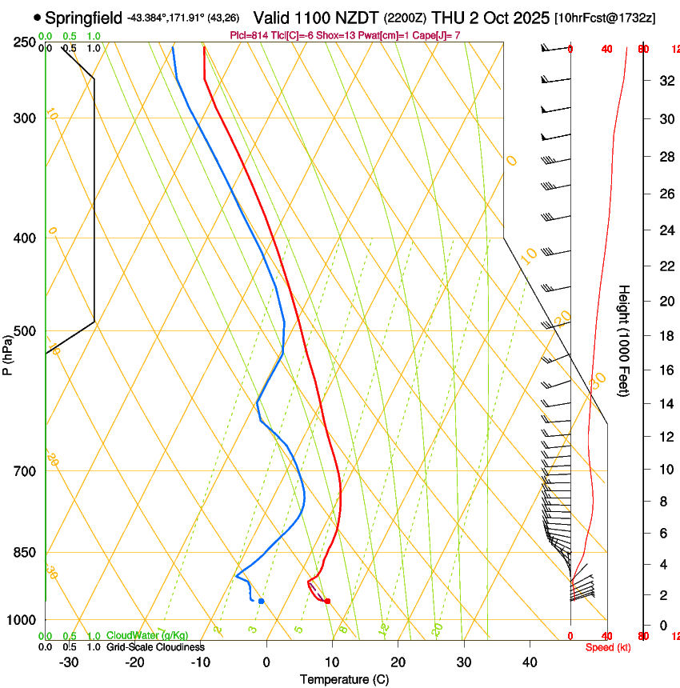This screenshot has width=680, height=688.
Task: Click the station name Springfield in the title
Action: point(84,17)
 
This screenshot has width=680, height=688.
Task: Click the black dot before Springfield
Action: point(38,17)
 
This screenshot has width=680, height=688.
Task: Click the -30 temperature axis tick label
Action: point(69,662)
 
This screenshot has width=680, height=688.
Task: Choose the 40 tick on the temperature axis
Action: point(530,662)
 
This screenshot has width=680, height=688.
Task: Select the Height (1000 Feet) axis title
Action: point(624,340)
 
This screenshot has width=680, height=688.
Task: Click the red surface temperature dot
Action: point(327,601)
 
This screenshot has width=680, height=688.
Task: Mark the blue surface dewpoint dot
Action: point(261,601)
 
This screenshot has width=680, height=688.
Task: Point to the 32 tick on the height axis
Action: point(663,80)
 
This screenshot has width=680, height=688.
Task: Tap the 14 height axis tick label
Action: point(663,404)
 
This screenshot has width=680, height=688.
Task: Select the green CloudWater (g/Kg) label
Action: point(148,636)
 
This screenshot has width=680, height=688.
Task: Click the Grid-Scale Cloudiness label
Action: point(155,647)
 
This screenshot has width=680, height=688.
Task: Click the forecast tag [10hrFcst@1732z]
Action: point(604,17)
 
